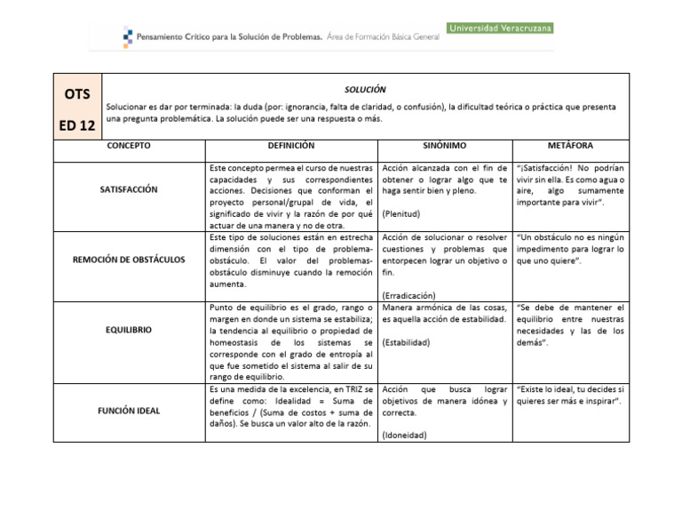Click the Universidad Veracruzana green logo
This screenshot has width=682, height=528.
coord(500,28)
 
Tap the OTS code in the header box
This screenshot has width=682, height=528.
coord(78,95)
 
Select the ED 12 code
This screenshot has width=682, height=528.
coord(78,125)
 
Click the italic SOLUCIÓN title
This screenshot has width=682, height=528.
coord(365,90)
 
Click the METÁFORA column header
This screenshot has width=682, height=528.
coord(571,145)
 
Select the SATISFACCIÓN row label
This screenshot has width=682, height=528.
coord(129,189)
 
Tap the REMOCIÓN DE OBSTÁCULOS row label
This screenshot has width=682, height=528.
coord(129,259)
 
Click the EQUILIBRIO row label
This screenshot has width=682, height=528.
coord(129,329)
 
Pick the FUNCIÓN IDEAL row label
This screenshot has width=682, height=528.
coord(129,412)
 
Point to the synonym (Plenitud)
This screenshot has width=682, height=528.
coord(402,214)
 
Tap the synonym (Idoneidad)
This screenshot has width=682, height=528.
coord(405,435)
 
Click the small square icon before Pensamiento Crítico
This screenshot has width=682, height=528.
coord(128,36)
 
